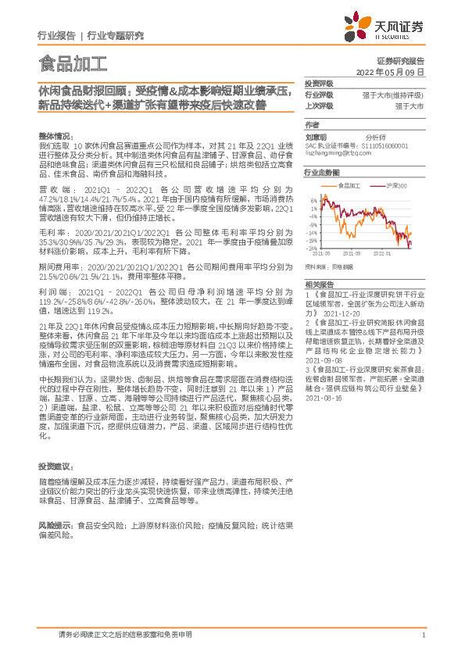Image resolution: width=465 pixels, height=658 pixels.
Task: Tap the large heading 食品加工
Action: click(73, 62)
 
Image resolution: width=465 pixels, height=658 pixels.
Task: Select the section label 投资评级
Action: click(319, 84)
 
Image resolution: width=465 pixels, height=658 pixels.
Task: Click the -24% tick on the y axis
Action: click(311, 249)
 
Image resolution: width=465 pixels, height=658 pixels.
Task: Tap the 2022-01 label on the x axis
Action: click(383, 253)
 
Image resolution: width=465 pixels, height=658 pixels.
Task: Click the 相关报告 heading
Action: click(319, 284)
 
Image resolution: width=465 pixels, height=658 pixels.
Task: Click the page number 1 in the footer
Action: click(423, 635)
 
